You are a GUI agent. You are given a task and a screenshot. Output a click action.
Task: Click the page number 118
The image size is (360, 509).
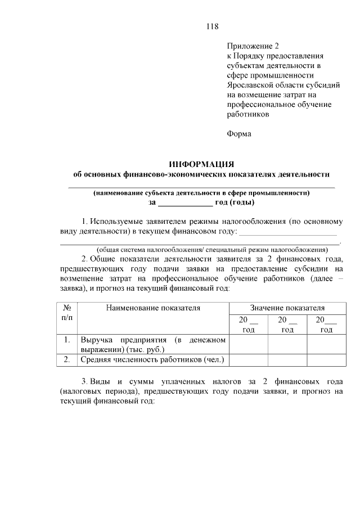[x=212, y=26]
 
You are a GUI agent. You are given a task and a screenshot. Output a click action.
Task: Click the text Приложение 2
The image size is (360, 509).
[x=253, y=46]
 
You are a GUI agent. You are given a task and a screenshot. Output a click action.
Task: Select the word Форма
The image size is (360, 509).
[x=239, y=134]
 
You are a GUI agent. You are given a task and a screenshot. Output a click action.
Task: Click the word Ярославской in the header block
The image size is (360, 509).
[x=250, y=85]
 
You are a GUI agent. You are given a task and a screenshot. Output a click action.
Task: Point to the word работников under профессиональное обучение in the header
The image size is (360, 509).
[x=248, y=114]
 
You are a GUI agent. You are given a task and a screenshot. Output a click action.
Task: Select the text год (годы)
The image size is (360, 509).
[x=235, y=202]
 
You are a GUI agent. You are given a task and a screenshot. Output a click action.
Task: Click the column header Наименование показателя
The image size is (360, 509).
[x=152, y=308]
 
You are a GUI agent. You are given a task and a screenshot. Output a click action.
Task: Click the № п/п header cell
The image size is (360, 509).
[x=66, y=313]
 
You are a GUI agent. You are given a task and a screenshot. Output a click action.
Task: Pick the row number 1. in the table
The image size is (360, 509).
[x=66, y=340]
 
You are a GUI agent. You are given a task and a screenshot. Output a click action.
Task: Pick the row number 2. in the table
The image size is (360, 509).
[x=66, y=359]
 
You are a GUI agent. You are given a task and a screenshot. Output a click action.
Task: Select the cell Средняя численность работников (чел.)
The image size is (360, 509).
[x=152, y=359]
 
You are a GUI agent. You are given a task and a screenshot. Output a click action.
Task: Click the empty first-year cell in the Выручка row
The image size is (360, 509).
[x=248, y=344]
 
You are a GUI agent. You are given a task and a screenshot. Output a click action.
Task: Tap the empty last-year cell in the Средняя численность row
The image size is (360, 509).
[x=326, y=359]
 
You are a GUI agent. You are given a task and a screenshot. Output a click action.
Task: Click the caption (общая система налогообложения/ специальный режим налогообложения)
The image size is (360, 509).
[x=212, y=249]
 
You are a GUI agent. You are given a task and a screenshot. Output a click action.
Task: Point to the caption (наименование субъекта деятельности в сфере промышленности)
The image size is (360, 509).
[x=201, y=192]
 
